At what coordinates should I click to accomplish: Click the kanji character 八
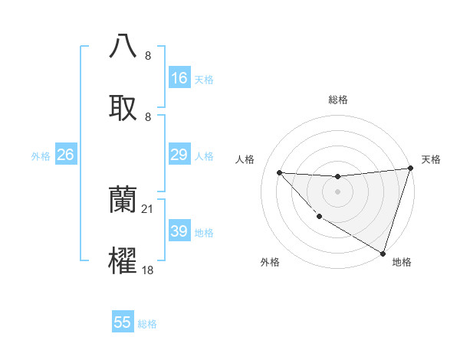123,46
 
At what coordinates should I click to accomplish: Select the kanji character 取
123,107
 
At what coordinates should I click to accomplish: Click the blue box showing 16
179,78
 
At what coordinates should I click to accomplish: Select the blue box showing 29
179,155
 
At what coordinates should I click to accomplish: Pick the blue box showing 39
179,231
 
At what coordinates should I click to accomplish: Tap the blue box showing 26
65,155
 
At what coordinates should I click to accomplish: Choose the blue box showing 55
123,322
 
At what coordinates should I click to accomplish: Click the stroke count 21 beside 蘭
148,208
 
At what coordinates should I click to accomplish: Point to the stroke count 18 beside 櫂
148,270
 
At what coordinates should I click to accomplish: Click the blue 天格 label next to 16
203,79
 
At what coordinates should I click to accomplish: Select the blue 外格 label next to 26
41,156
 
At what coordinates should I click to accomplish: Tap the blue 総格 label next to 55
147,323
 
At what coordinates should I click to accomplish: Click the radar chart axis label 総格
338,100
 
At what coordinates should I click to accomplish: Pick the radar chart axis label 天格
431,159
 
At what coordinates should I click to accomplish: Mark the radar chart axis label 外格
270,263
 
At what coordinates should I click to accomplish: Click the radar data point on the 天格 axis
410,169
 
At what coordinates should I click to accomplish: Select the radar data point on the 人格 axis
279,172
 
